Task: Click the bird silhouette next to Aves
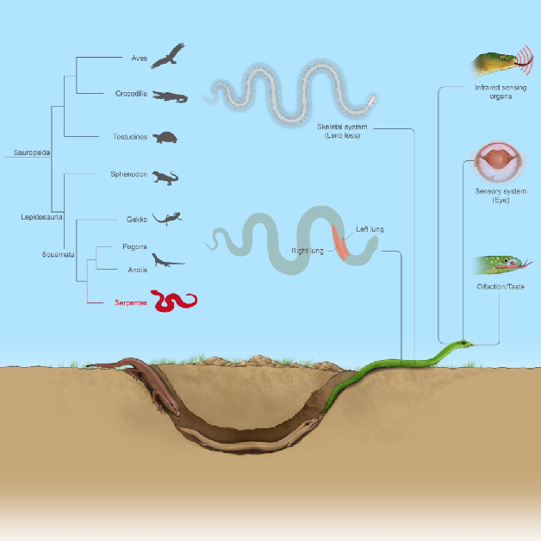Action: (x=172, y=56)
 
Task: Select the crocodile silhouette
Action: (x=170, y=96)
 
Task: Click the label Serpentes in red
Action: (x=132, y=303)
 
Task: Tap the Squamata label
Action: (x=58, y=254)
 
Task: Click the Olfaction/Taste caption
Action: (x=500, y=286)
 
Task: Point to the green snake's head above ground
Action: (x=463, y=344)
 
